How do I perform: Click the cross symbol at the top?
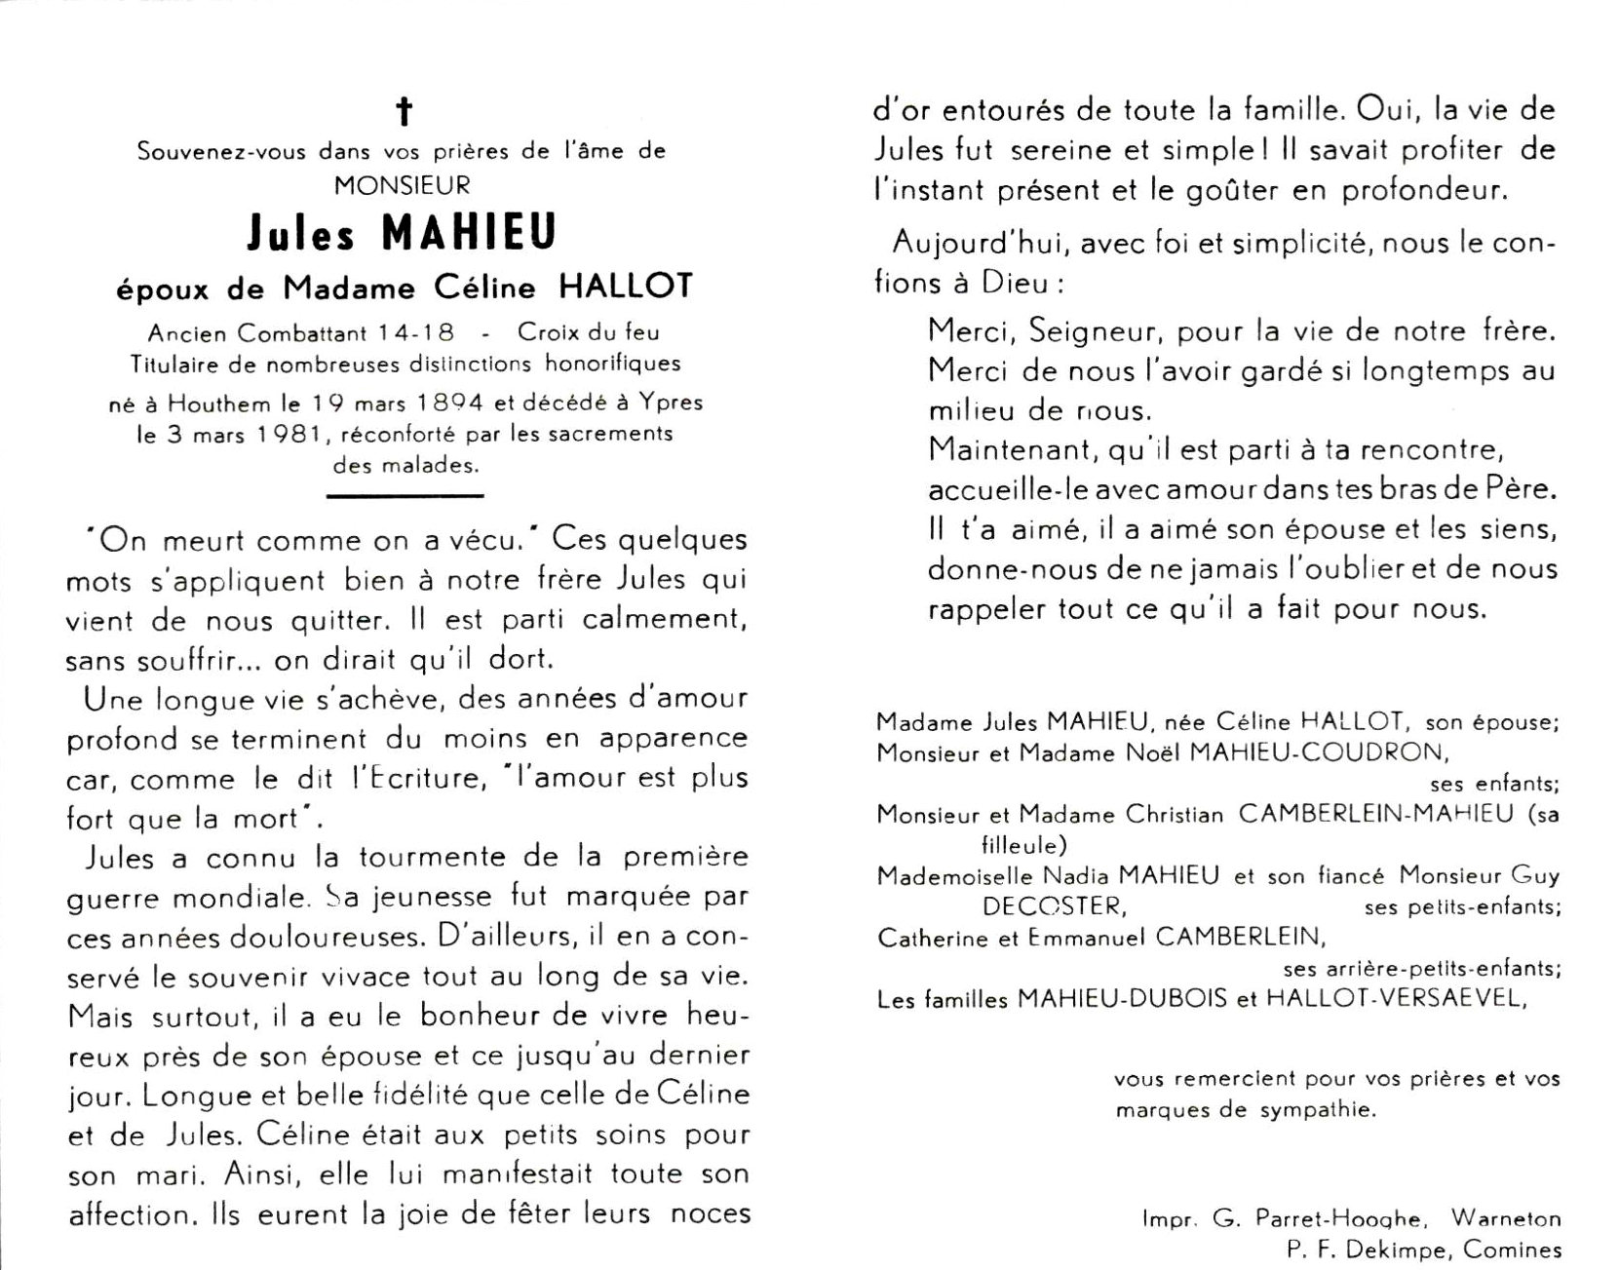tap(404, 112)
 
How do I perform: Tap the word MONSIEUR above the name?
tap(402, 184)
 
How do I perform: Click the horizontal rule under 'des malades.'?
tap(405, 495)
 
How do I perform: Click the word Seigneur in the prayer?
tap(1087, 330)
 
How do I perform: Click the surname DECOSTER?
tap(1054, 906)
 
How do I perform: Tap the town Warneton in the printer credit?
tap(1505, 1218)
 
